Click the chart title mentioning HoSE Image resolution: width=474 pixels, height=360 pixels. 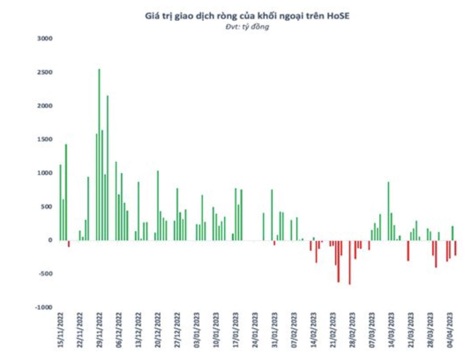[247, 16]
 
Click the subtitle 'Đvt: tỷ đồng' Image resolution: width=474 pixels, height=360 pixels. [247, 27]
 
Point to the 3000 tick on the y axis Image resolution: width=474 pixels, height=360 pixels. [45, 38]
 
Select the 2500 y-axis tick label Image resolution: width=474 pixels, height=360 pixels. [45, 72]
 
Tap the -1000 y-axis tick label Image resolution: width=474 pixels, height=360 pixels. [44, 307]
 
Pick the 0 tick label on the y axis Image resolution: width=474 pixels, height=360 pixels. [50, 240]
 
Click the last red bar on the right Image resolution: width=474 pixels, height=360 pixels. [455, 247]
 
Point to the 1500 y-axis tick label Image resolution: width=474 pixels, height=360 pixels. [45, 139]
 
